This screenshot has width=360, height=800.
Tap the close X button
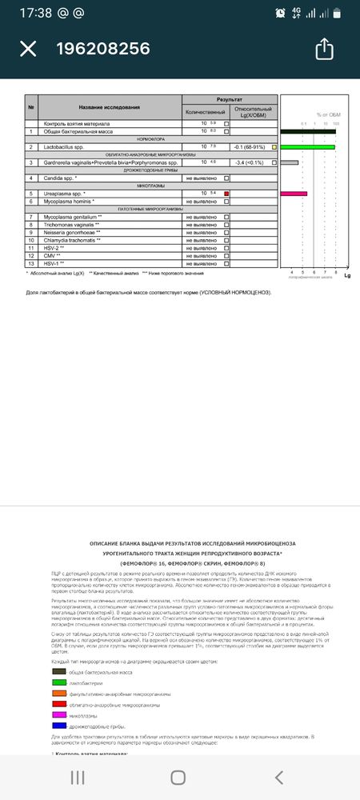click(28, 49)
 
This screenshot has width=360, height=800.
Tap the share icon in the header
click(324, 49)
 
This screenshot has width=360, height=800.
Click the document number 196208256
click(102, 49)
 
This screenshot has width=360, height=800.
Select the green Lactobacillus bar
click(308, 147)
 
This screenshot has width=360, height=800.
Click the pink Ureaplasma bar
click(294, 194)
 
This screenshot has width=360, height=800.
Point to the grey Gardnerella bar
click(290, 162)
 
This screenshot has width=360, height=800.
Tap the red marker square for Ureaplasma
click(226, 194)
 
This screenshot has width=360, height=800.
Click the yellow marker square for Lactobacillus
click(274, 147)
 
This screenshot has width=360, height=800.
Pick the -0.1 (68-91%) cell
click(251, 147)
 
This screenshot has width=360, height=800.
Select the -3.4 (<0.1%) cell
click(251, 162)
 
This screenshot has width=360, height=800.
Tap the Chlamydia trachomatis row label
click(72, 240)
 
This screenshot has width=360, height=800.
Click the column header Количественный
click(206, 112)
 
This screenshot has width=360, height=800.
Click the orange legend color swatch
click(58, 694)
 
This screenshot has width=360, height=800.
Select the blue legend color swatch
click(58, 727)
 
